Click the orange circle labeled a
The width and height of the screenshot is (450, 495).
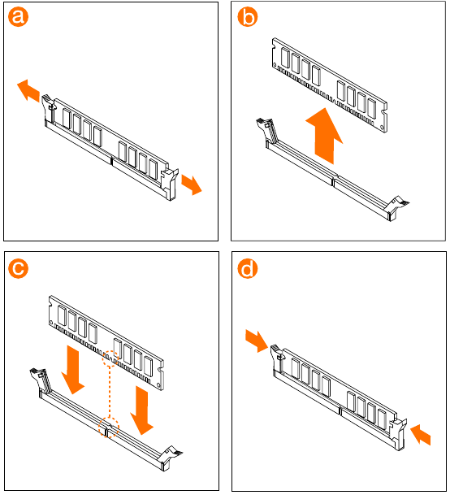(19, 16)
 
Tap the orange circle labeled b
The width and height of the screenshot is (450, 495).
(248, 16)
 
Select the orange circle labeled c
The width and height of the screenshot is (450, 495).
(19, 268)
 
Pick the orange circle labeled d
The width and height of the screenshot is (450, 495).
(248, 268)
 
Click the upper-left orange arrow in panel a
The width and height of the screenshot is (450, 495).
(29, 90)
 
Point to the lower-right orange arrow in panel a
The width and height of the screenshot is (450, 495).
(192, 185)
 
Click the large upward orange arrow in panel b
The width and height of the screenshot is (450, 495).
(324, 136)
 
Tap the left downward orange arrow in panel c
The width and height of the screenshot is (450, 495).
(73, 370)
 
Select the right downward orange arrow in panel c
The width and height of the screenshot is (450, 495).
(142, 410)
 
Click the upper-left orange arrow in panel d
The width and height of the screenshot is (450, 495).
(257, 341)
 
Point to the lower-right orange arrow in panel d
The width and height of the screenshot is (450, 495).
(421, 435)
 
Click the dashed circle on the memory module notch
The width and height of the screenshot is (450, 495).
(110, 359)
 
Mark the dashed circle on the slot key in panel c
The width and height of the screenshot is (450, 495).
(109, 428)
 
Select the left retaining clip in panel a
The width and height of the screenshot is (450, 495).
(48, 108)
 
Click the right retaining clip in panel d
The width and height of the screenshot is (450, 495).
(398, 433)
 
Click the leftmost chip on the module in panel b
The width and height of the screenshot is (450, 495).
(285, 58)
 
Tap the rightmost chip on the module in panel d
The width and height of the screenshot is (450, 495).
(382, 419)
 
